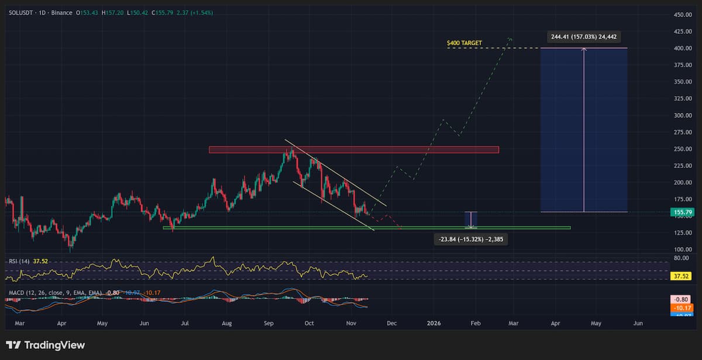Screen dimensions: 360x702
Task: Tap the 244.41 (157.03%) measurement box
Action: coord(584,37)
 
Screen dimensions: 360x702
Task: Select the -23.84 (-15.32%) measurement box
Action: coord(470,239)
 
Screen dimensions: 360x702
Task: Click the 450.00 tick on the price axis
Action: coord(679,15)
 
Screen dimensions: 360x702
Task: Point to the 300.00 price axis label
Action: coord(679,115)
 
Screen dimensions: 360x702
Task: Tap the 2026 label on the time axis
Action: coord(433,323)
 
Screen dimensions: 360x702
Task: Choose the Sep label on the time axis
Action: coord(269,323)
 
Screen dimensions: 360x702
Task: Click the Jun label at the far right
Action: coord(638,323)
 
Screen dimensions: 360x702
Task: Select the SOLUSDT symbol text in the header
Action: coord(24,12)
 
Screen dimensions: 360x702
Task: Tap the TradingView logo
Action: coord(46,345)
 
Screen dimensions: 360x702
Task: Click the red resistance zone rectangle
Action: coord(354,150)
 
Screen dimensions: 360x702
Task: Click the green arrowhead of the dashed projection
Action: coord(510,39)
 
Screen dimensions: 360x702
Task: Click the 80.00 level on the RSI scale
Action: coord(680,258)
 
